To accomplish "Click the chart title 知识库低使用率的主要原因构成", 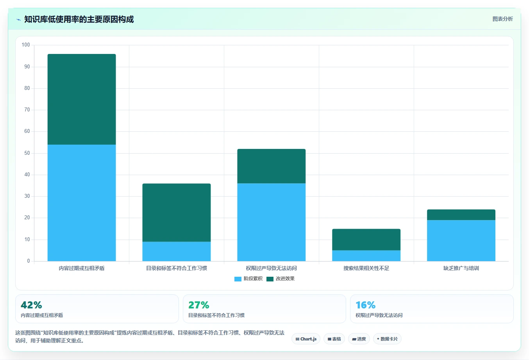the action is (79, 20).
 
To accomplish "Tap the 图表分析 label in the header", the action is (502, 19).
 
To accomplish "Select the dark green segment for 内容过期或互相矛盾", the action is (82, 99).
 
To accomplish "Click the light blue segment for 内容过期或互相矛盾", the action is (82, 203).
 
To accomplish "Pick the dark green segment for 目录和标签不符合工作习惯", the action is (177, 213).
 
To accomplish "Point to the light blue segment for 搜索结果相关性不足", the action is (366, 256).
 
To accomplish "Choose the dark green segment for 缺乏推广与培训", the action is (461, 215).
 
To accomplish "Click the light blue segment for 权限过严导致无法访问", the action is (272, 222).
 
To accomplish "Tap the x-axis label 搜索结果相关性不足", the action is (366, 269).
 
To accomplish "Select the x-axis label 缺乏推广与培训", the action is (461, 269).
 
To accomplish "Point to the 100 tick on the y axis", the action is (26, 45).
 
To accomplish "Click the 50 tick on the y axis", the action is (27, 153).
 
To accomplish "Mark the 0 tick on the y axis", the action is (29, 261).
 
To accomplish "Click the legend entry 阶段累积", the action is (248, 279).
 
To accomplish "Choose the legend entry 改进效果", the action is (281, 279).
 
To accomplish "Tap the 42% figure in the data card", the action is (31, 305).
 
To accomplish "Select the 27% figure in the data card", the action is (199, 305).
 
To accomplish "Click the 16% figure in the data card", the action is (366, 305).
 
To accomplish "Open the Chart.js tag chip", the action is (306, 339).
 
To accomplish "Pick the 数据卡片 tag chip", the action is (387, 339).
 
